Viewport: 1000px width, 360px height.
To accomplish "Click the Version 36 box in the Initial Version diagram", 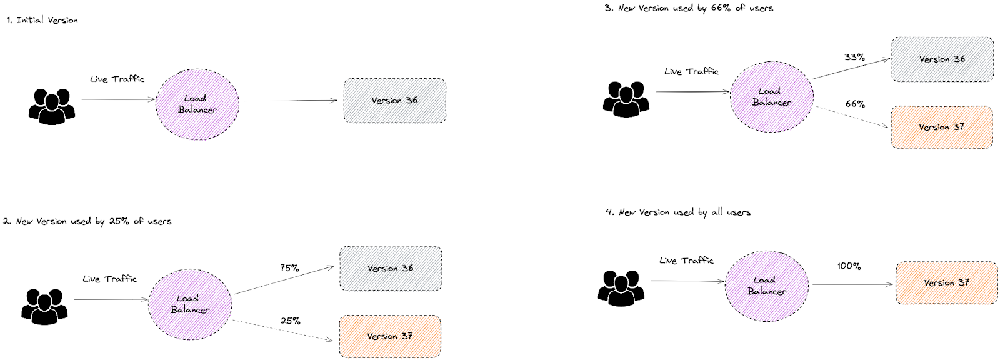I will click(x=394, y=101).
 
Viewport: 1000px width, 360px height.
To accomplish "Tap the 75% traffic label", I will click(x=289, y=267).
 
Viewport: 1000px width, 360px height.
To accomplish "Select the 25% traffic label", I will click(x=290, y=321).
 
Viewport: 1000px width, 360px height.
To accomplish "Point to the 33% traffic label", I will click(x=854, y=57).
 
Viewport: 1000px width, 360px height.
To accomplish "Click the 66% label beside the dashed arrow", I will click(x=855, y=104).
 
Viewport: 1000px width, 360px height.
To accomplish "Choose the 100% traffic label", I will click(x=849, y=266).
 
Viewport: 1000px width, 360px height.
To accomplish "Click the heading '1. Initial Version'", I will click(x=42, y=20).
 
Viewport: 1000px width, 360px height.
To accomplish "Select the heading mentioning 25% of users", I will click(x=87, y=221).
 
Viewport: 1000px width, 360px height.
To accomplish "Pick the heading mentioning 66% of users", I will click(x=689, y=8).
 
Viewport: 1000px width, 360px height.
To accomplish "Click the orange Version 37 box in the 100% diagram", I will click(x=946, y=282).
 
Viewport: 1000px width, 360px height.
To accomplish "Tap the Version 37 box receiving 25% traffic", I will click(x=390, y=336).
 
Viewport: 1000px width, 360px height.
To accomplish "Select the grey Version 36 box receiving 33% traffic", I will click(x=942, y=59).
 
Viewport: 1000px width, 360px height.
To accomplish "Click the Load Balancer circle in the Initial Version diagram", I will click(x=197, y=104).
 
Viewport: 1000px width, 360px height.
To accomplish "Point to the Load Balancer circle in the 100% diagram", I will click(x=766, y=286).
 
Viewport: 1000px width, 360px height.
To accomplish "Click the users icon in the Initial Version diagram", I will click(x=52, y=106).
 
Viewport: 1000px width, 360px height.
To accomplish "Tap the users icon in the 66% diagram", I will click(x=626, y=99).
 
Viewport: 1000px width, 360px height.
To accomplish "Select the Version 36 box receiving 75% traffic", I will click(x=390, y=269).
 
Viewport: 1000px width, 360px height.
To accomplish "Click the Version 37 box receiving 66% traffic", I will click(x=941, y=127).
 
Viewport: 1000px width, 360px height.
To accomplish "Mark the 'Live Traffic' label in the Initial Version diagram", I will click(x=117, y=79).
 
